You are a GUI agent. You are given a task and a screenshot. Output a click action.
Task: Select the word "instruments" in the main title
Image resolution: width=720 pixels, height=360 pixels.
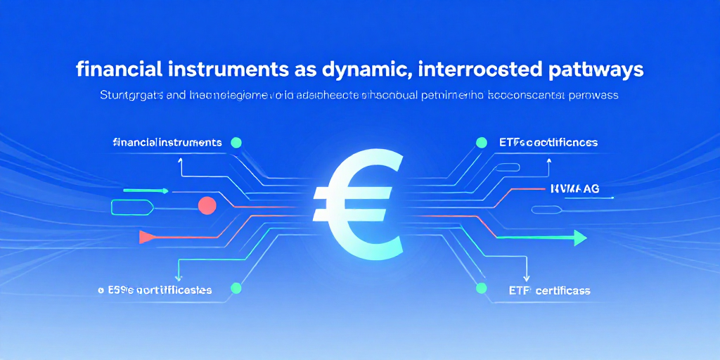point(221,70)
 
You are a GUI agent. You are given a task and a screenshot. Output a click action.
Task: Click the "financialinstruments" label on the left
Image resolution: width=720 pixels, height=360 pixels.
point(167,143)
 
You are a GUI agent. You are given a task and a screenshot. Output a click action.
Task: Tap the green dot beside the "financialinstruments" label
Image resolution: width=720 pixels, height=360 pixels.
point(236,143)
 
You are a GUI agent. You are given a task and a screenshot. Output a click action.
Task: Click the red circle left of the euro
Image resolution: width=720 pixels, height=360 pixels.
point(207,205)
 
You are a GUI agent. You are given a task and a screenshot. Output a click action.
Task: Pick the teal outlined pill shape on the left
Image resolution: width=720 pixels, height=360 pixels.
point(131,206)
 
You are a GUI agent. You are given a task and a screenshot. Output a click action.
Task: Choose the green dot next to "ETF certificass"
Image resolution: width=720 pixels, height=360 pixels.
point(482,288)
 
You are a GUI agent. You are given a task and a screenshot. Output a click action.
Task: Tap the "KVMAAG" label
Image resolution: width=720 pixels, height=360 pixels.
point(570,188)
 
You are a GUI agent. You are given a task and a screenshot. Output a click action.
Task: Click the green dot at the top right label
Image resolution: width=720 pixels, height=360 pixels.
point(482,143)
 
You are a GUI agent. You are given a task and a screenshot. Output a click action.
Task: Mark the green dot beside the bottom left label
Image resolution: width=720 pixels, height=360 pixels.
point(236,288)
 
